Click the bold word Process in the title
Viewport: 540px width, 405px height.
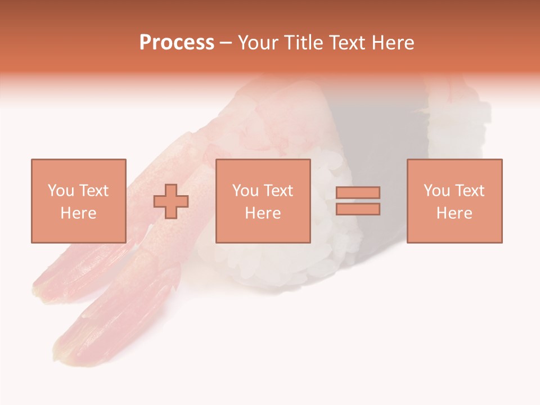177,43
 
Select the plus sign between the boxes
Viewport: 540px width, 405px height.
171,201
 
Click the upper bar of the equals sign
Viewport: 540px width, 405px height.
358,193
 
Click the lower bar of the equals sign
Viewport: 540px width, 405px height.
358,209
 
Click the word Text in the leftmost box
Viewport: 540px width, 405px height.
94,191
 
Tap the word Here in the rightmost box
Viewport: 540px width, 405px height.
454,213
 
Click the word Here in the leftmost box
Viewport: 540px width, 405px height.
78,213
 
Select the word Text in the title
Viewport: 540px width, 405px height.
346,43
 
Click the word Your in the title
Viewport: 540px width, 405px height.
259,43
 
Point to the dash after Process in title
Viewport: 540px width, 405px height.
226,43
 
